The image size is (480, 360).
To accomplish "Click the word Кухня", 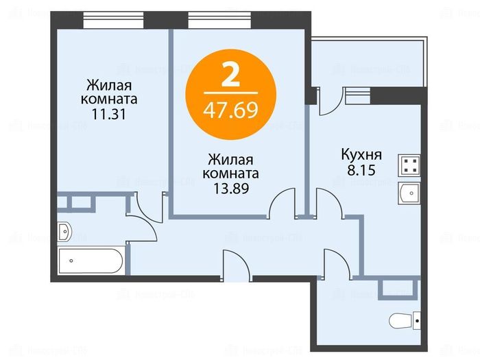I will (x=361, y=154).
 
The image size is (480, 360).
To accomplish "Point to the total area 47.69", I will (x=231, y=110).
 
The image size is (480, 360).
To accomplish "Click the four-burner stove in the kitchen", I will (x=410, y=165).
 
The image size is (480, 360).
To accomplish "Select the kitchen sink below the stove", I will (x=410, y=193).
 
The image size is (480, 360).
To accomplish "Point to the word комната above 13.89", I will (x=230, y=173).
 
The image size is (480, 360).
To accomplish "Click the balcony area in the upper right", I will (x=367, y=65).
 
